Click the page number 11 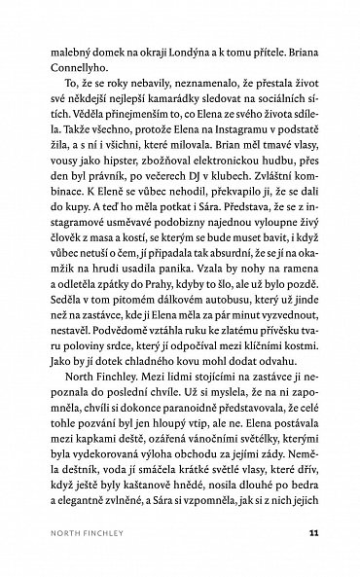pyautogui.click(x=311, y=531)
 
